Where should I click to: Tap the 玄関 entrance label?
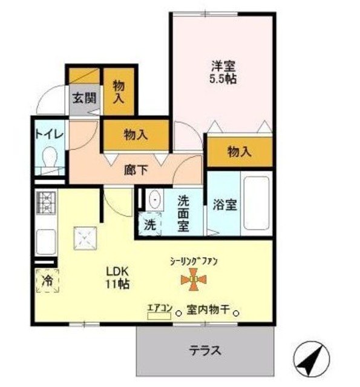point(85,97)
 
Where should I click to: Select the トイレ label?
point(48,134)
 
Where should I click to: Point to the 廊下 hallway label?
point(137,170)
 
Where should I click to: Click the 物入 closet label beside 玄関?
point(119,91)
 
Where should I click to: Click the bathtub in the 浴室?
point(255,204)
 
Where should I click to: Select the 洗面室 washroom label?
point(183,212)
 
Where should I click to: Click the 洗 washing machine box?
point(149,223)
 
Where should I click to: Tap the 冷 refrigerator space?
point(47,281)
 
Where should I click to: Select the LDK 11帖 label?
point(116,277)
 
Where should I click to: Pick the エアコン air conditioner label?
point(159,308)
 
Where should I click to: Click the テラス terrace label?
point(204,350)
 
